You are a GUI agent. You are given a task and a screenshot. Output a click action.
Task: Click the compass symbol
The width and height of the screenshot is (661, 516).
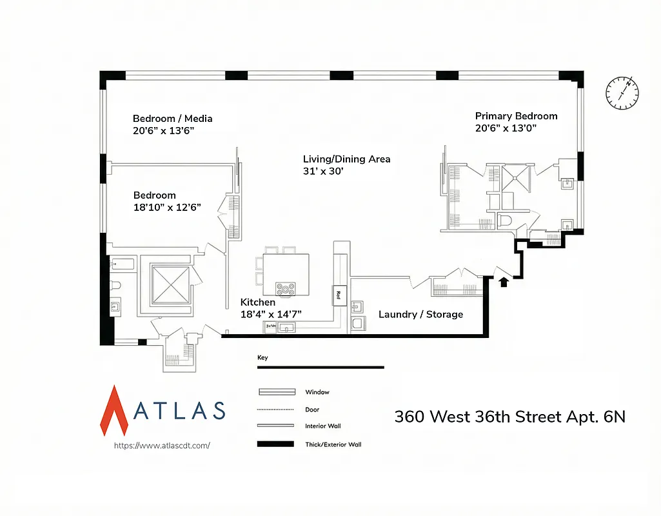point(622,92)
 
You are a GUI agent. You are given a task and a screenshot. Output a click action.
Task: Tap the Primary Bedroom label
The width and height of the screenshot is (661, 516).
point(516,116)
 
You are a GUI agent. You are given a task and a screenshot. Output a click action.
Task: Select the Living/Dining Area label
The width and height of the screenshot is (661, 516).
point(346,159)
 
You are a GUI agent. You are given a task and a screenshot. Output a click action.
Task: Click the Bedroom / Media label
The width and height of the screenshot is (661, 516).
point(172,119)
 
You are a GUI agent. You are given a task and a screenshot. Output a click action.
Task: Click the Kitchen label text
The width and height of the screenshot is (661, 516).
point(258,303)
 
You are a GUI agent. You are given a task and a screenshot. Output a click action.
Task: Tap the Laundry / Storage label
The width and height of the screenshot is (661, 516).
point(420,314)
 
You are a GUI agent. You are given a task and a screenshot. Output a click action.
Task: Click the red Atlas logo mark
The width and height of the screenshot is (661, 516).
point(114,410)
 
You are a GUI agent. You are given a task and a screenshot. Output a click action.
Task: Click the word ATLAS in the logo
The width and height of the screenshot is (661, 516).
point(179,411)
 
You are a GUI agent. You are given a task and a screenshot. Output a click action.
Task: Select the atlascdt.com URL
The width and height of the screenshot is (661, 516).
point(162,445)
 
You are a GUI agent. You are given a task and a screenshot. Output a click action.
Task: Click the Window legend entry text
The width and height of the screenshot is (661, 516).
point(317,392)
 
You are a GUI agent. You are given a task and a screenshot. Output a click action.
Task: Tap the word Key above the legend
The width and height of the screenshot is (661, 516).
point(262,357)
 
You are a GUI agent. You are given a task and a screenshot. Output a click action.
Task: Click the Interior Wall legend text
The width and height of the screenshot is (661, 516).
point(322,426)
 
